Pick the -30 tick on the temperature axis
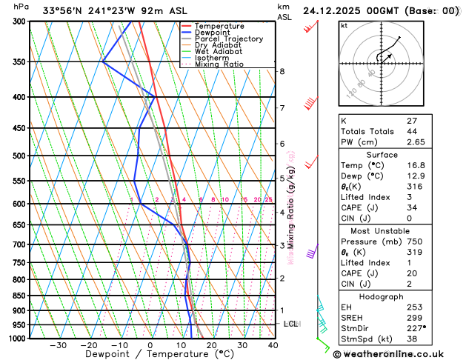58,344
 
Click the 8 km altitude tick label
282,71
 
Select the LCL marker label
291,324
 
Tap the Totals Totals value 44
442,131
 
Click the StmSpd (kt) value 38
442,339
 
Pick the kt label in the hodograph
344,26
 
